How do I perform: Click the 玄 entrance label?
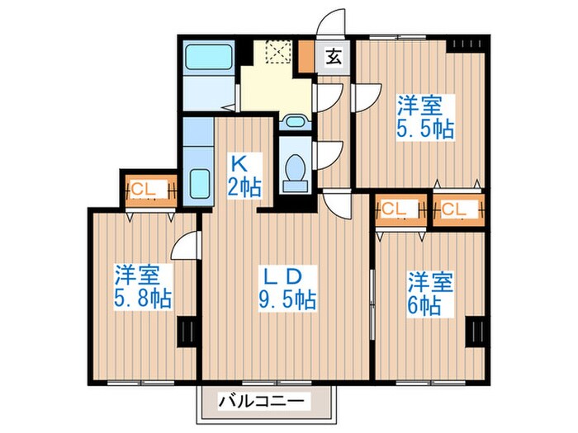click(x=334, y=57)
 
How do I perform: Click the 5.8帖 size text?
click(x=143, y=298)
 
